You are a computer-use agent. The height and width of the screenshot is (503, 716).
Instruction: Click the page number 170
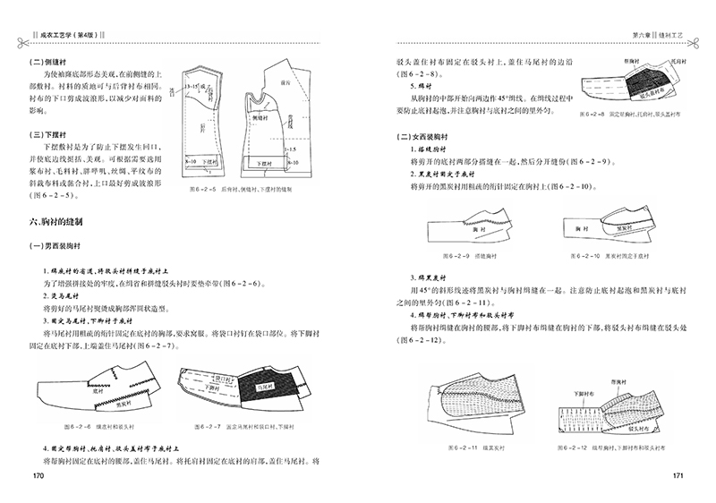38,474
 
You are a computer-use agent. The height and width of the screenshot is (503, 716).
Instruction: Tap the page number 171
678,474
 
